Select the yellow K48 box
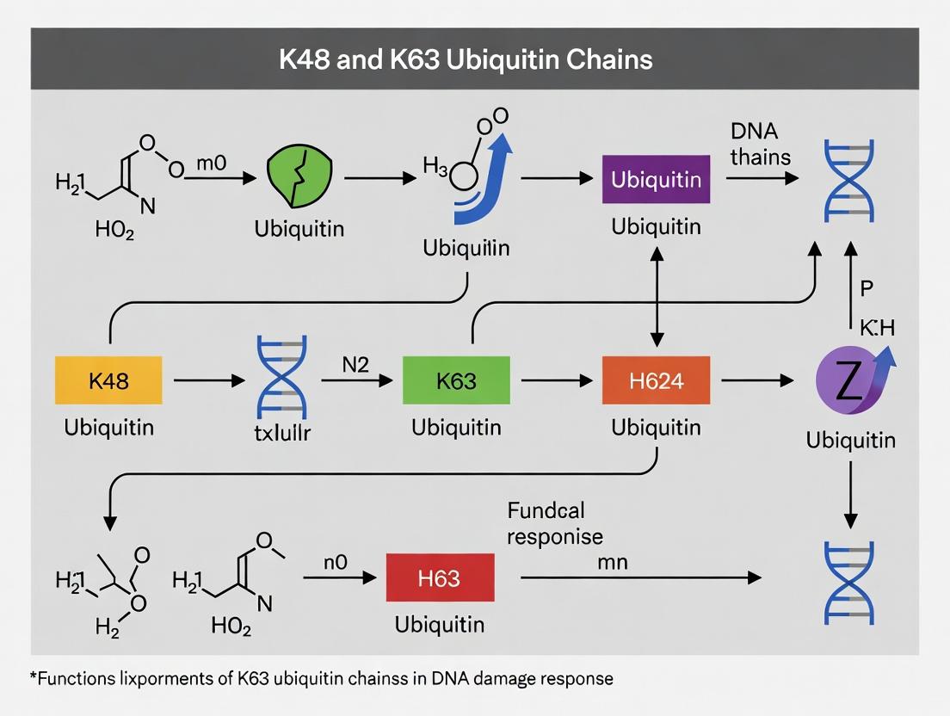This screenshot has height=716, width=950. [x=108, y=380]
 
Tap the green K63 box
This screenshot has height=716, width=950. [x=456, y=380]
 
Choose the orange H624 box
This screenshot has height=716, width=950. [x=656, y=380]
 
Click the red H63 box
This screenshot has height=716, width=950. [x=439, y=578]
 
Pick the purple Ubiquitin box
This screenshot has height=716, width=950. [x=656, y=179]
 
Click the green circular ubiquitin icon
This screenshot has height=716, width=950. [x=299, y=178]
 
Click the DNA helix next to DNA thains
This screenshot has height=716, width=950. [x=849, y=178]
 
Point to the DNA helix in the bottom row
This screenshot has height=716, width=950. [x=849, y=581]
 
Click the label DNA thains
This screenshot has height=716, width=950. [x=754, y=144]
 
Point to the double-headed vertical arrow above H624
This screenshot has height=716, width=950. [x=657, y=293]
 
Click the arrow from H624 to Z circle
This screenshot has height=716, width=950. [x=756, y=380]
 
